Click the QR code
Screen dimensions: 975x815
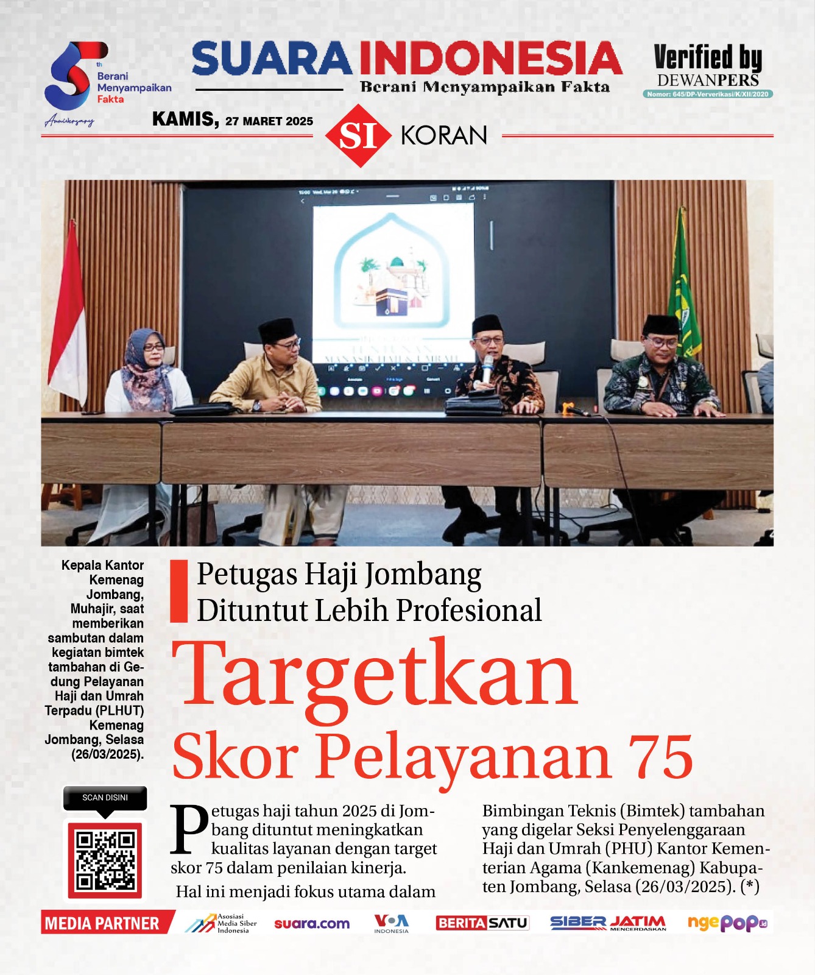[x=105, y=860]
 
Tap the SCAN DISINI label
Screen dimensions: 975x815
[x=105, y=798]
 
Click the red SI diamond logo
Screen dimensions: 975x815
[x=358, y=135]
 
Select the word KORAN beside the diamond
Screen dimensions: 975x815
[x=443, y=135]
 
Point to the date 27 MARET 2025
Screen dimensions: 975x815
[x=269, y=121]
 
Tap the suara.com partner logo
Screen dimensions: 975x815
[x=312, y=923]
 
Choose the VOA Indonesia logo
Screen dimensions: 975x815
[x=391, y=923]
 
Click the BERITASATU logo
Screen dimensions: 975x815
[x=482, y=923]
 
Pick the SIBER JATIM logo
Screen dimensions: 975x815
[x=607, y=923]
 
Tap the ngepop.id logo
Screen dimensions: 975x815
[x=727, y=923]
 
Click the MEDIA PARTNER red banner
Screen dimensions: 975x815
[x=102, y=923]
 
